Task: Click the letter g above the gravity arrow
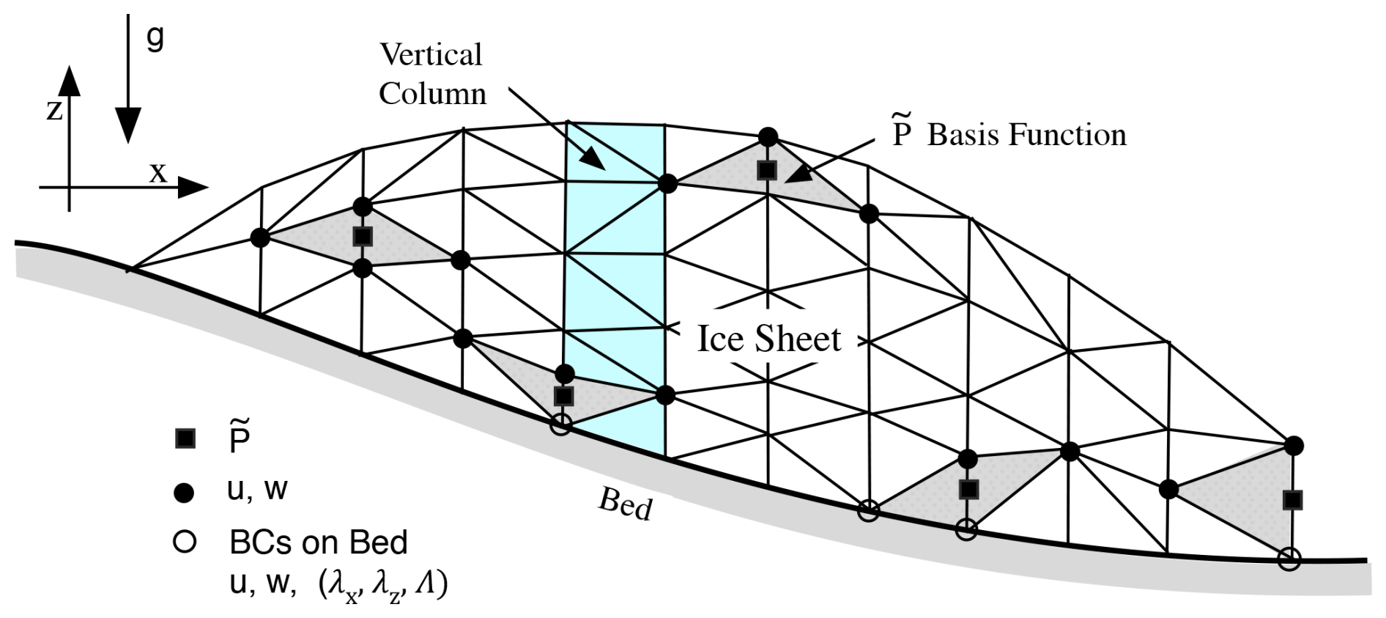point(155,36)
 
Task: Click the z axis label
point(54,110)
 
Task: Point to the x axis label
point(158,173)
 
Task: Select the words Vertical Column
point(431,74)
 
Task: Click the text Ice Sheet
point(768,339)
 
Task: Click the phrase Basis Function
point(1026,135)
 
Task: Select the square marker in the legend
point(185,438)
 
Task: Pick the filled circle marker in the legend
point(185,493)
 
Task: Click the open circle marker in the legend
point(185,542)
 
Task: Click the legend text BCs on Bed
point(318,542)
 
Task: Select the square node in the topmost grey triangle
point(767,170)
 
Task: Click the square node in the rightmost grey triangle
point(1293,501)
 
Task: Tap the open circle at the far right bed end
point(1289,560)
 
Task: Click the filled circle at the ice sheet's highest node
point(768,136)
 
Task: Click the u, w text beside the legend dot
point(257,490)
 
